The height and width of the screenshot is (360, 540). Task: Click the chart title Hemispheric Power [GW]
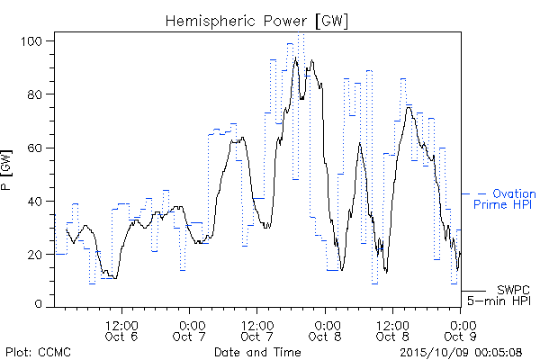click(256, 22)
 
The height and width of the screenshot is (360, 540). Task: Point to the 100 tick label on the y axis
click(31, 41)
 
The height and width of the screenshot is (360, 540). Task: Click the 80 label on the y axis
click(34, 94)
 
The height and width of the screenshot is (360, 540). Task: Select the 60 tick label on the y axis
click(34, 148)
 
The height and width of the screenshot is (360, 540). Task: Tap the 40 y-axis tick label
click(34, 202)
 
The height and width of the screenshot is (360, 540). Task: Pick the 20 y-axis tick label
click(34, 255)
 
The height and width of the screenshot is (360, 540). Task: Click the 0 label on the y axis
click(38, 304)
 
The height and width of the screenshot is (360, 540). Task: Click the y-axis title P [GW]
click(6, 170)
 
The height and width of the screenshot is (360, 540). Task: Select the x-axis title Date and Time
click(257, 353)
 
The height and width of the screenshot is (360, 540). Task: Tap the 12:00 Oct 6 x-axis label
click(121, 331)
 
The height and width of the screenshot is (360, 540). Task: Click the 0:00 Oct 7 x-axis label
click(189, 331)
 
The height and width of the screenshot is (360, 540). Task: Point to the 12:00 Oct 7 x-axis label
click(257, 331)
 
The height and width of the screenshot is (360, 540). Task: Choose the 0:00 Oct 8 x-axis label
click(325, 331)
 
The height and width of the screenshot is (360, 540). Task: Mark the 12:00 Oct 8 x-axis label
click(392, 331)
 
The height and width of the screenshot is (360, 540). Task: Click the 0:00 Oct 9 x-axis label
click(461, 331)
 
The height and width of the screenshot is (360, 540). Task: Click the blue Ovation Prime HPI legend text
click(505, 199)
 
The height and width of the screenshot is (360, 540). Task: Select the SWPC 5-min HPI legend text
click(499, 295)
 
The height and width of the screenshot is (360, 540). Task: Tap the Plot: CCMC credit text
click(38, 353)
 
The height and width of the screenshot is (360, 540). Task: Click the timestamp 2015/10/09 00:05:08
click(461, 353)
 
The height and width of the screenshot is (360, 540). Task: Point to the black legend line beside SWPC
click(473, 291)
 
